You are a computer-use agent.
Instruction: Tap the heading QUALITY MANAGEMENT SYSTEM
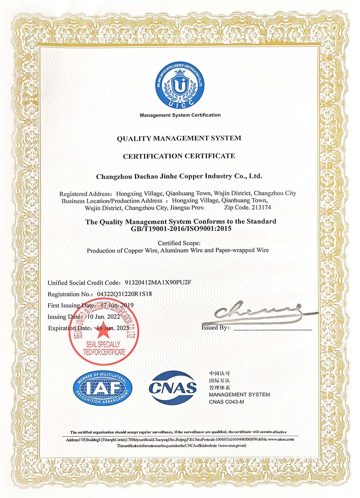(179, 138)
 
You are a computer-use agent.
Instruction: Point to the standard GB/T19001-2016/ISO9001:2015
(181, 229)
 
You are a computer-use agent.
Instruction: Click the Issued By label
(216, 328)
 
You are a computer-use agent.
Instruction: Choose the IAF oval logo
(102, 388)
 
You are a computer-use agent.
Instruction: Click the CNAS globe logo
(173, 387)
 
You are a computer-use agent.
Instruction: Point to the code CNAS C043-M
(226, 402)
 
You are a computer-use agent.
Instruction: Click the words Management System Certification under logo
(180, 115)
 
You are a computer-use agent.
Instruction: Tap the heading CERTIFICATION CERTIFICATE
(179, 156)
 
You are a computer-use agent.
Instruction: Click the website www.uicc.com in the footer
(281, 439)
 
